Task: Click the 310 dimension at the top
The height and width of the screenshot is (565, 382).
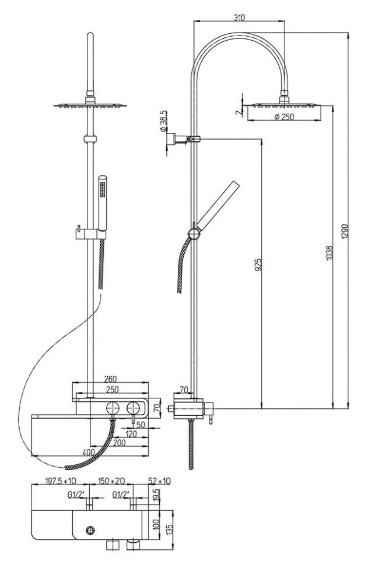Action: click(x=239, y=17)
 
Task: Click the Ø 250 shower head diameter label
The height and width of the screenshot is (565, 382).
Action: click(x=284, y=116)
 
